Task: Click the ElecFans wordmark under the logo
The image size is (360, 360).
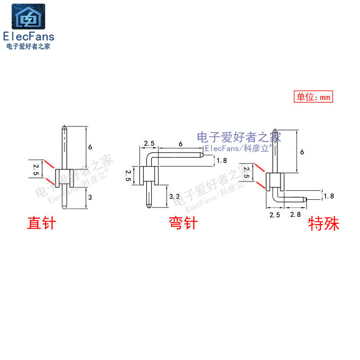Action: pyautogui.click(x=28, y=36)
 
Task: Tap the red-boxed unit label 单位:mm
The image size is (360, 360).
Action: pyautogui.click(x=314, y=97)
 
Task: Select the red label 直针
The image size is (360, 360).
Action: pyautogui.click(x=41, y=223)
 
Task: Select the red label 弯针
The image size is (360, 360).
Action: pyautogui.click(x=183, y=223)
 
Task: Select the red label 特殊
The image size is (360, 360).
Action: pyautogui.click(x=324, y=223)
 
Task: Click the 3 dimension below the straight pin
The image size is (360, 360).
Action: pyautogui.click(x=90, y=197)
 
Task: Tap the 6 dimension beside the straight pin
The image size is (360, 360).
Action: pyautogui.click(x=90, y=147)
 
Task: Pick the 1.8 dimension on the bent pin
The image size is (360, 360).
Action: pyautogui.click(x=221, y=160)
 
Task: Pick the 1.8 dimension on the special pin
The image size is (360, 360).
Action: pyautogui.click(x=329, y=196)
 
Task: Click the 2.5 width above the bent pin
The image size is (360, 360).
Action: pyautogui.click(x=149, y=144)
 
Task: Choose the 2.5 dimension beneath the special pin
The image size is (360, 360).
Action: pyautogui.click(x=274, y=215)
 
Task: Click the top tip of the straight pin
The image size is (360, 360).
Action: pyautogui.click(x=64, y=126)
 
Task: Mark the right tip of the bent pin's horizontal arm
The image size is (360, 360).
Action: pyautogui.click(x=202, y=155)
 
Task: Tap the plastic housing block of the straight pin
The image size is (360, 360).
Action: pyautogui.click(x=64, y=178)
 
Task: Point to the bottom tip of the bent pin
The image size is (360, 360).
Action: pyautogui.click(x=148, y=206)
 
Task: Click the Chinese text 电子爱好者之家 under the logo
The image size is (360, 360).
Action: pyautogui.click(x=28, y=46)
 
